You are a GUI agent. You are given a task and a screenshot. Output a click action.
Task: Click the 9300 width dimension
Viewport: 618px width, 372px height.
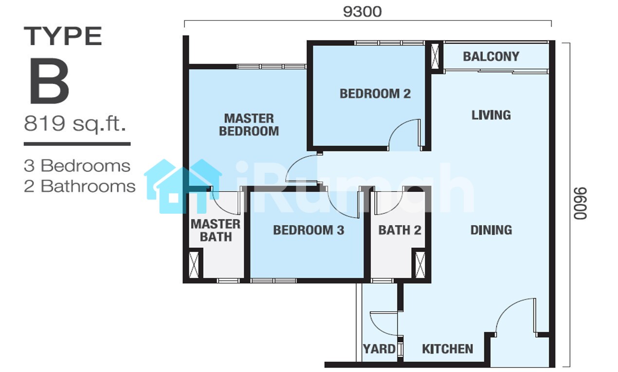pyautogui.click(x=362, y=12)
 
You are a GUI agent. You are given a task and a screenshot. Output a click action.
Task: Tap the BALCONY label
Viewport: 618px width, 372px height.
pyautogui.click(x=491, y=57)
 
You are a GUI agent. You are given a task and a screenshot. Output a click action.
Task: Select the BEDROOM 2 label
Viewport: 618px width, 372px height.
pyautogui.click(x=375, y=94)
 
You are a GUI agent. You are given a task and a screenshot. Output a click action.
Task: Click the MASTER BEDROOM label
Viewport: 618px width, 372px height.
pyautogui.click(x=249, y=125)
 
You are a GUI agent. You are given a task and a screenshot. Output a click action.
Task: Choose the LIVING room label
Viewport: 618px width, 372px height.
pyautogui.click(x=491, y=115)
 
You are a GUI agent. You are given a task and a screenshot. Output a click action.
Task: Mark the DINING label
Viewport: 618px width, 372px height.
pyautogui.click(x=491, y=230)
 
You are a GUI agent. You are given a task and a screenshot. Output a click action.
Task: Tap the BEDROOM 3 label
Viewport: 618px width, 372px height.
pyautogui.click(x=309, y=230)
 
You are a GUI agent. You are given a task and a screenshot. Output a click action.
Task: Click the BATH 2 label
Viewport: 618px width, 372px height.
pyautogui.click(x=400, y=230)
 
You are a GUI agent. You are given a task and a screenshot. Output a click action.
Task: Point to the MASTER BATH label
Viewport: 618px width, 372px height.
pyautogui.click(x=216, y=231)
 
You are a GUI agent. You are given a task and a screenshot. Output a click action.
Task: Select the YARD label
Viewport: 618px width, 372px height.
pyautogui.click(x=379, y=349)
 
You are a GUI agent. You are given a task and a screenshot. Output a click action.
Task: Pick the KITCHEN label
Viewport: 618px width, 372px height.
pyautogui.click(x=448, y=349)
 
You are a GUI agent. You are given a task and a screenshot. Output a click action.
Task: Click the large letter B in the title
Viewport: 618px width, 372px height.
pyautogui.click(x=49, y=81)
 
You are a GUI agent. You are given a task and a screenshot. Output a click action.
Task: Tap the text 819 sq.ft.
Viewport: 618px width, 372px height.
pyautogui.click(x=75, y=124)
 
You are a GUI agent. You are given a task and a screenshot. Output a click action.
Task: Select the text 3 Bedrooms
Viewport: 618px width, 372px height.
pyautogui.click(x=77, y=166)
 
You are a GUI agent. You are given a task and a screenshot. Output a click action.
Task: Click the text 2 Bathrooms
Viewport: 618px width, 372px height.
pyautogui.click(x=80, y=186)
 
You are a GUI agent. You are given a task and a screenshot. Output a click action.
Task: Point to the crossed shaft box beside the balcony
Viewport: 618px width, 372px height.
pyautogui.click(x=435, y=57)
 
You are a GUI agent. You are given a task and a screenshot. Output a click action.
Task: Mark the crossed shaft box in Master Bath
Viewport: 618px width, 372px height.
pyautogui.click(x=194, y=265)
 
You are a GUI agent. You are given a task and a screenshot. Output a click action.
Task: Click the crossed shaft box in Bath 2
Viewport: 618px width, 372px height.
pyautogui.click(x=420, y=265)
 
